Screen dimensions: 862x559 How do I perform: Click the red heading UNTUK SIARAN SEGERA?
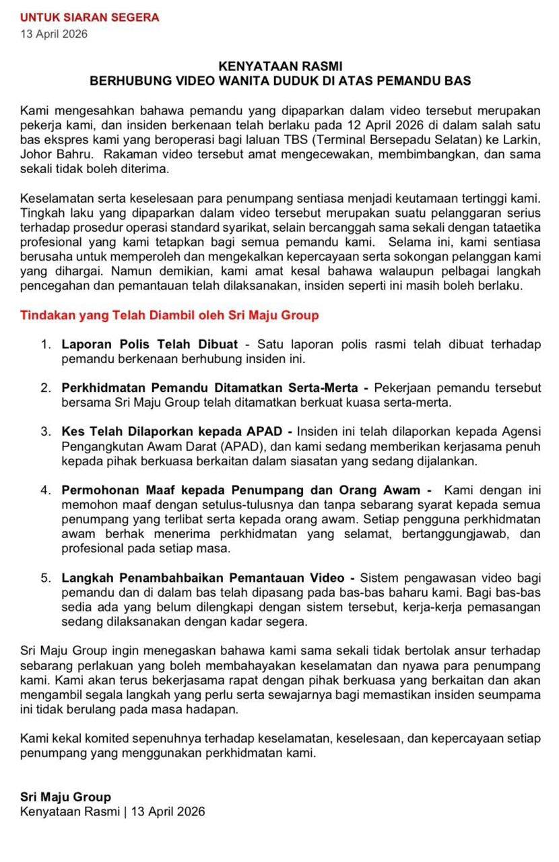(90, 18)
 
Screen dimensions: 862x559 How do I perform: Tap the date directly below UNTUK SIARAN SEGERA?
(54, 34)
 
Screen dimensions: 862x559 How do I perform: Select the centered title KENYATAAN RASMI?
(281, 66)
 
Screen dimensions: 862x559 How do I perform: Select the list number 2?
(45, 389)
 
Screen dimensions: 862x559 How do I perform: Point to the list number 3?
(45, 432)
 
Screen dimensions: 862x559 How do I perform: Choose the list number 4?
(45, 490)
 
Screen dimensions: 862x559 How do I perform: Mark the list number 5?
(45, 578)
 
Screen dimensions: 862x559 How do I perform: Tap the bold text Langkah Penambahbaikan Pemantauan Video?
(203, 578)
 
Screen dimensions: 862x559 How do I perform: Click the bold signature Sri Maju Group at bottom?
(65, 798)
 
